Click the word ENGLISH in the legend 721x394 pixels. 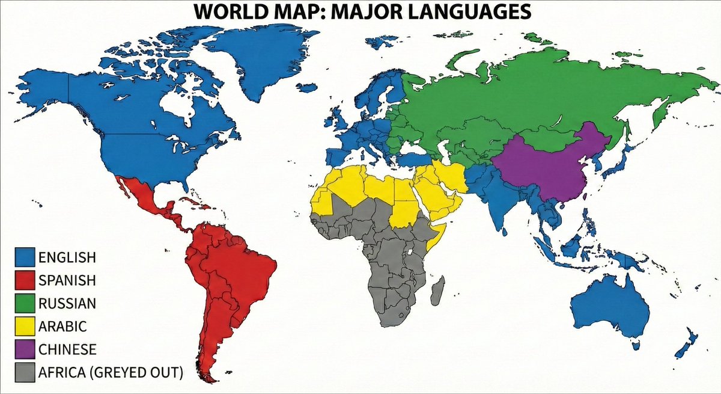click(x=67, y=257)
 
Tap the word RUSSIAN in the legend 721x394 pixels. click(x=67, y=303)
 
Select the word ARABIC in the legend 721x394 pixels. click(x=62, y=327)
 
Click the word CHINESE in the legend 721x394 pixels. click(x=67, y=349)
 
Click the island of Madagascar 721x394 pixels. click(x=438, y=290)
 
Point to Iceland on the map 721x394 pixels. click(x=306, y=87)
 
